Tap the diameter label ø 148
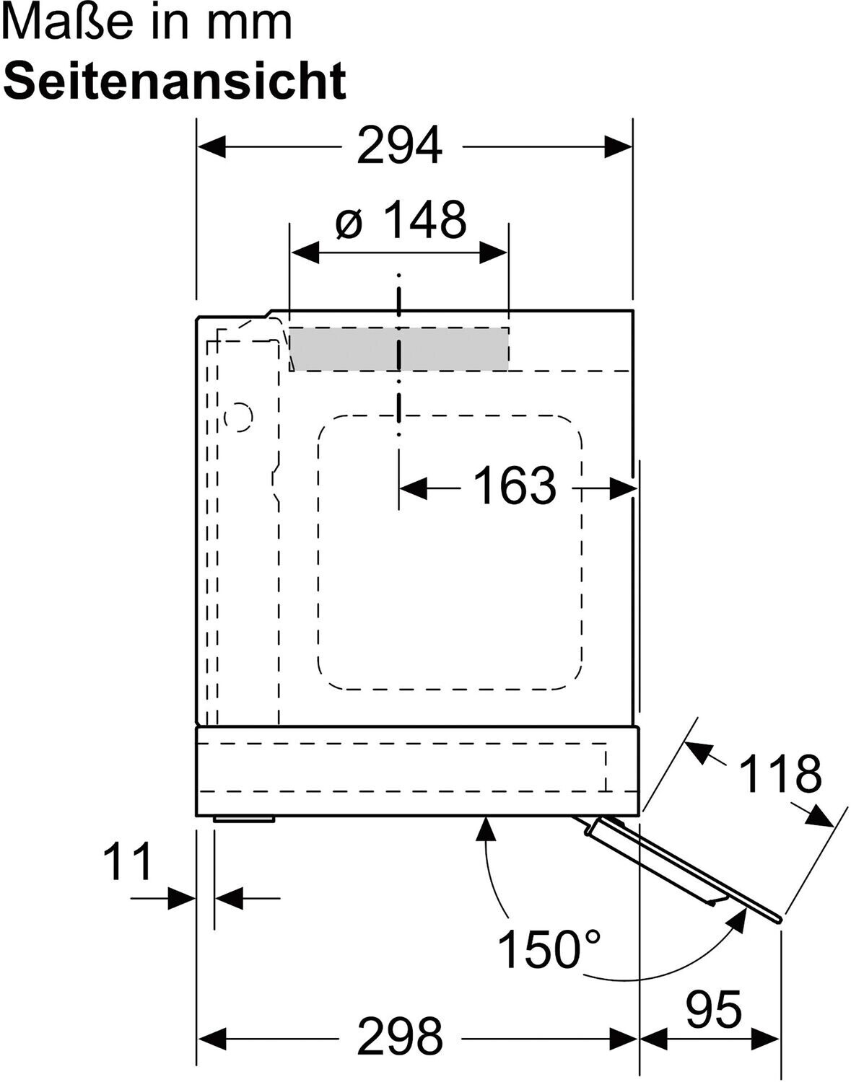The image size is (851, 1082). coord(401,219)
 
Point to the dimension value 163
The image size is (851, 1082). coord(515,485)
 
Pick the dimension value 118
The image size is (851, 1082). coord(780,773)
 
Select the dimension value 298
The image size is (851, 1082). coord(400,1037)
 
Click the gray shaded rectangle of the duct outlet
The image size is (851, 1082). coord(399,348)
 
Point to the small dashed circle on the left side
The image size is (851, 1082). coord(238,416)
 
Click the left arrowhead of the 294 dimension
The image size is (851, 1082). coord(211,146)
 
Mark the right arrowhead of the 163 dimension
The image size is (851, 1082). coord(624,489)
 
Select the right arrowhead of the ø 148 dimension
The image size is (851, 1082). coord(493,252)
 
